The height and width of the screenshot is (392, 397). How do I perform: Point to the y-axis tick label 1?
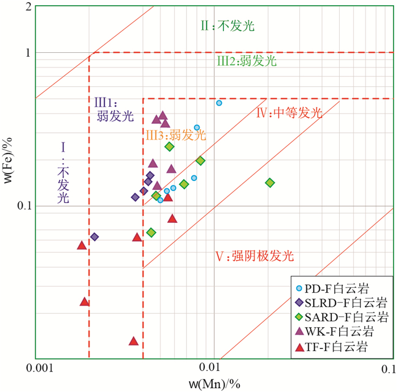pos(26,53)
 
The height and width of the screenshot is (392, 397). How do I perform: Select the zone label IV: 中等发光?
pos(289,113)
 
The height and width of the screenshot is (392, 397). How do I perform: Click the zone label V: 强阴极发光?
pos(254,256)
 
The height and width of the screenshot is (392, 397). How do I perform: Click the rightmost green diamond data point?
pos(270,183)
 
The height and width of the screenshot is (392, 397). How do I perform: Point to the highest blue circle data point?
pos(219,103)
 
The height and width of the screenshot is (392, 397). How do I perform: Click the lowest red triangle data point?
pos(133,341)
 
